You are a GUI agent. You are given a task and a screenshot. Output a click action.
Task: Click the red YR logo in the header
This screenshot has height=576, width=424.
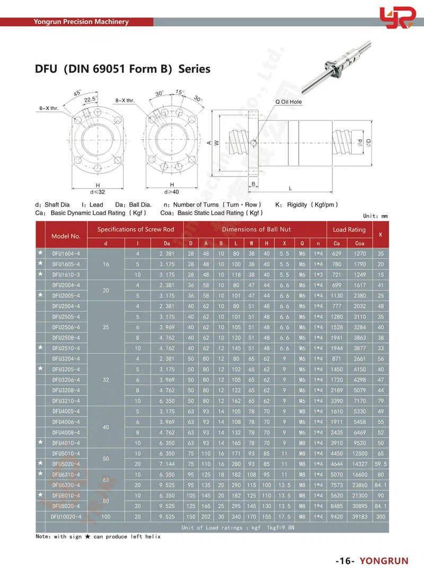pyautogui.click(x=396, y=19)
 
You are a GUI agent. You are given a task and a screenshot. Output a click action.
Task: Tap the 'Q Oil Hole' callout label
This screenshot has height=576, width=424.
pyautogui.click(x=288, y=101)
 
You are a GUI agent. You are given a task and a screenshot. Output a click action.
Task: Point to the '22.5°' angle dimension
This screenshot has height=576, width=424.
pyautogui.click(x=89, y=99)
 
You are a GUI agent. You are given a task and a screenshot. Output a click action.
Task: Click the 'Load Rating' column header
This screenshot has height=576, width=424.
pyautogui.click(x=349, y=229)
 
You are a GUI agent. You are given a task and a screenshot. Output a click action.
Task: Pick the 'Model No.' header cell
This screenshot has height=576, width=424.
pyautogui.click(x=66, y=236)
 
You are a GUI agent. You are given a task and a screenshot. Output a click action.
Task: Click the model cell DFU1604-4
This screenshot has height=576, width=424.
pyautogui.click(x=66, y=253)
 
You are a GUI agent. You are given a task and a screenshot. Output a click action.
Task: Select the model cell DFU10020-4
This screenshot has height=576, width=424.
pyautogui.click(x=66, y=516)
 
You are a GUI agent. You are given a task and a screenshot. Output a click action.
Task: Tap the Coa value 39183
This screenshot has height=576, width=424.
pyautogui.click(x=360, y=516)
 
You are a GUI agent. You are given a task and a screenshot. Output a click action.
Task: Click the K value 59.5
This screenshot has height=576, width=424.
pyautogui.click(x=381, y=464)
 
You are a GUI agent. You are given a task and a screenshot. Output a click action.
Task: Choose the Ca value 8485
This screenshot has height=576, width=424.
pyautogui.click(x=336, y=506)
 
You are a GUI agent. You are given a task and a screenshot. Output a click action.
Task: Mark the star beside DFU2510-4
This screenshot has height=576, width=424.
pyautogui.click(x=40, y=348)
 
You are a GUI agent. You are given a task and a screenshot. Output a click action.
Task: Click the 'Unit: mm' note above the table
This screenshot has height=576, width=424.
pyautogui.click(x=375, y=216)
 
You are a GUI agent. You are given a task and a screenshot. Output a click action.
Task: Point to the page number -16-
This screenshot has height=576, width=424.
pyautogui.click(x=345, y=561)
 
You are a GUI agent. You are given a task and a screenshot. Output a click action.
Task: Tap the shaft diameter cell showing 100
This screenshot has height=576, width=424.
pyautogui.click(x=106, y=516)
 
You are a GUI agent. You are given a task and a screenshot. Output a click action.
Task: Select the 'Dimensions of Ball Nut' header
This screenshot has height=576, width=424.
pyautogui.click(x=256, y=229)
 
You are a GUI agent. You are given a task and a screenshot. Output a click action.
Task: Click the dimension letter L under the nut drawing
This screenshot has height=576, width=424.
pyautogui.click(x=290, y=188)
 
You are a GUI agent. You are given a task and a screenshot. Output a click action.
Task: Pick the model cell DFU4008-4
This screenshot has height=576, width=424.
pyautogui.click(x=66, y=432)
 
